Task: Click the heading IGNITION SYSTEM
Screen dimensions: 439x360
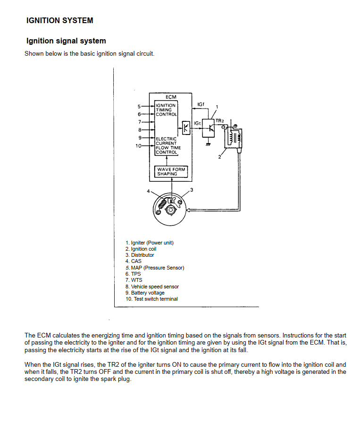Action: click(x=60, y=20)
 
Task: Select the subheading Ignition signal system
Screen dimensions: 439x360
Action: click(x=66, y=41)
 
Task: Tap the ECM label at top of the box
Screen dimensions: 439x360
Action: click(x=171, y=97)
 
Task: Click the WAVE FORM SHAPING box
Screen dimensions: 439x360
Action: click(x=171, y=171)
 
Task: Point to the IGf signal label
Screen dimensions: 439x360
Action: click(x=201, y=104)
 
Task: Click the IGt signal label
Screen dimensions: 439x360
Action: click(x=198, y=123)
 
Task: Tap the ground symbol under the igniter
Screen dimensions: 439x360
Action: click(x=208, y=144)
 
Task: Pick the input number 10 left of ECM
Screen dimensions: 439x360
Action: click(x=138, y=146)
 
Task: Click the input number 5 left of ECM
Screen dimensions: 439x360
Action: click(x=139, y=106)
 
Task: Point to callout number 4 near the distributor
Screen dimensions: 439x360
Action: click(x=148, y=191)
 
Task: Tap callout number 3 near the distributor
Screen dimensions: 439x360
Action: click(x=191, y=190)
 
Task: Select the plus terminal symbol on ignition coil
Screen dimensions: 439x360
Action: click(x=235, y=126)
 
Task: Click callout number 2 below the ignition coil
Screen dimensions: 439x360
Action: click(x=219, y=157)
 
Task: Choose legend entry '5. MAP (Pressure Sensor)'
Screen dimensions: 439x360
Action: click(x=155, y=268)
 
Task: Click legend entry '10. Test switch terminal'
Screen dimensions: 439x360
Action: click(x=151, y=299)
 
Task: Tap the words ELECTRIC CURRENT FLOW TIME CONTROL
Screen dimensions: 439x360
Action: click(x=166, y=145)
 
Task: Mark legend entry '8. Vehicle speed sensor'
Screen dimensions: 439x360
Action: click(x=152, y=287)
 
